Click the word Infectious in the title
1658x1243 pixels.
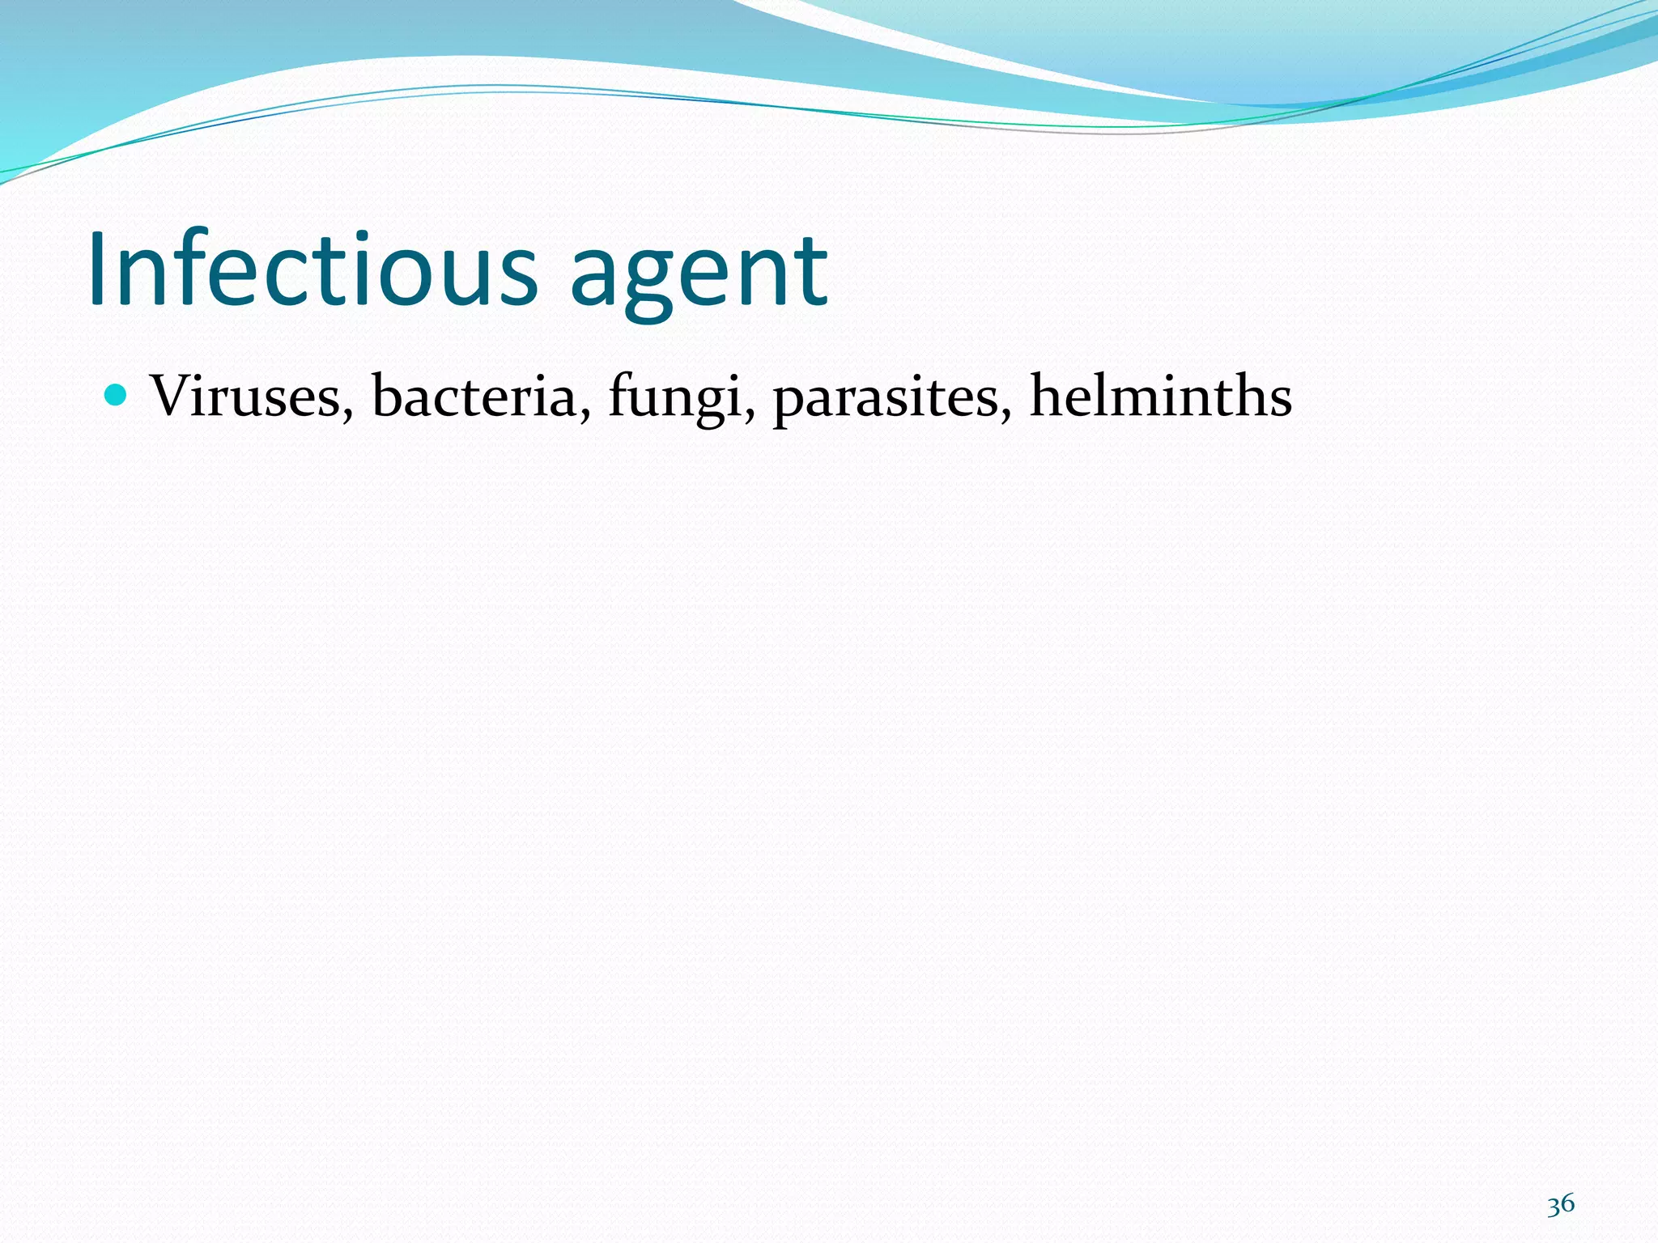coord(312,269)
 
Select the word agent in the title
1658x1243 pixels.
coord(699,275)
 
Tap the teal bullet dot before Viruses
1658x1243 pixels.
coord(117,395)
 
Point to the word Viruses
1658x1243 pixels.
coord(246,397)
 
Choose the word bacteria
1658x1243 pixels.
coord(474,397)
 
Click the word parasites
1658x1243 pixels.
coord(886,398)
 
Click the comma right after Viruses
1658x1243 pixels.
coord(347,414)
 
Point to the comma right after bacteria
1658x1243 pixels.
coord(584,414)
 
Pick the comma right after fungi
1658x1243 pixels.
coord(750,414)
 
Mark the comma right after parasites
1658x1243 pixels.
coord(1006,414)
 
